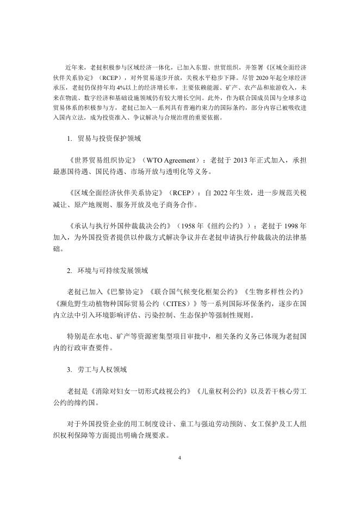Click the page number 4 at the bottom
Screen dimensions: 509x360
point(179,457)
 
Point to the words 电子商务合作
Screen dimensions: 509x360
point(169,204)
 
